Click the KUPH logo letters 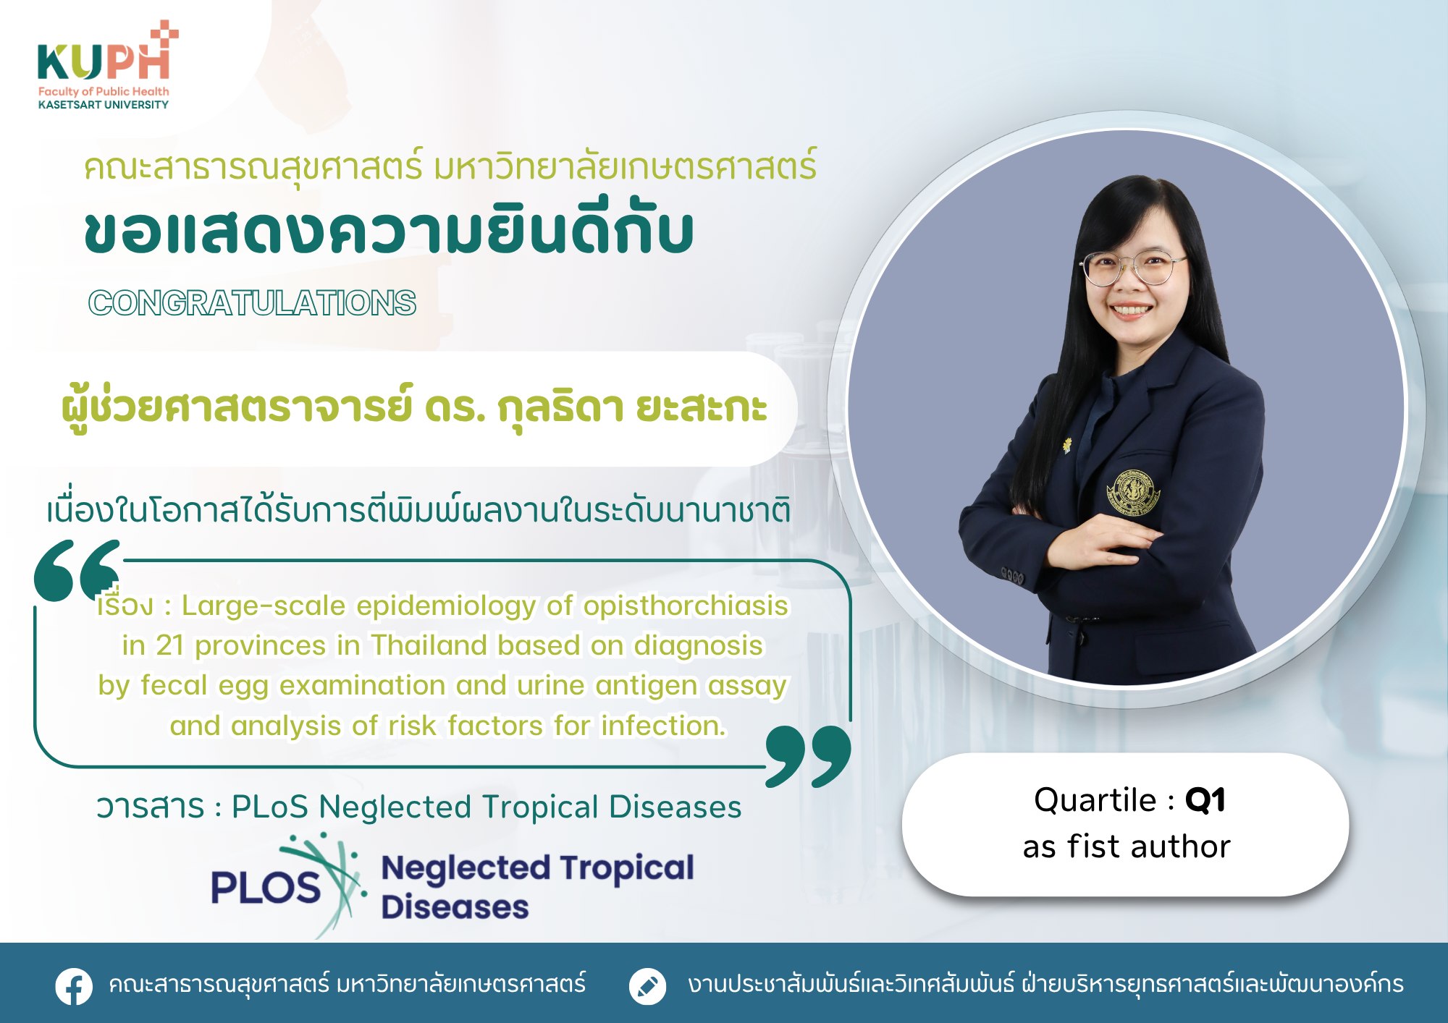point(104,61)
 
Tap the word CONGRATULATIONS point(252,302)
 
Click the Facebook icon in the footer point(74,986)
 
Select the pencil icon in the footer point(647,986)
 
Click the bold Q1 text point(1205,800)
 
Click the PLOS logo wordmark point(265,887)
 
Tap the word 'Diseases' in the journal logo point(455,907)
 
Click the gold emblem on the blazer point(1133,492)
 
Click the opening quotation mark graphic point(77,570)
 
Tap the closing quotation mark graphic point(808,756)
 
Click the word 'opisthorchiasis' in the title point(686,606)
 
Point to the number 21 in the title point(169,645)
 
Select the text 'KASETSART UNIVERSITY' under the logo point(104,105)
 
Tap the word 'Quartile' point(1095,800)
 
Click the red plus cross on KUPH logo point(165,35)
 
